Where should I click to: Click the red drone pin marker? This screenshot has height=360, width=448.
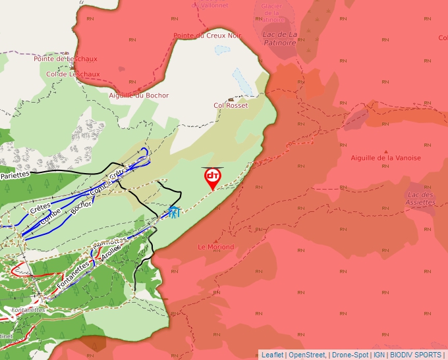coord(212,177)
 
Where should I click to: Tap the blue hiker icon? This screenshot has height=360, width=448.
coord(174,212)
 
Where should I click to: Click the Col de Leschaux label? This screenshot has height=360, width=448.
coord(72,74)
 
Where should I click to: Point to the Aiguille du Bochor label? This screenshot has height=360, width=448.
coord(138,95)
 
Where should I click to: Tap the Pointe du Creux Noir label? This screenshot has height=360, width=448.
coord(207,36)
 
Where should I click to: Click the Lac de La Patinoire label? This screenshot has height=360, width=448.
coord(279,38)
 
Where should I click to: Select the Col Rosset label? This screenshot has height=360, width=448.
coord(231,105)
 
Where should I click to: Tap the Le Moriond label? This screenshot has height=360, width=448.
coord(216,247)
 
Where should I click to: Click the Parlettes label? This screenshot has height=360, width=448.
coord(14,176)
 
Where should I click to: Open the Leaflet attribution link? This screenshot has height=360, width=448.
coord(272,355)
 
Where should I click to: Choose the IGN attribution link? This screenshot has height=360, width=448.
coord(379,355)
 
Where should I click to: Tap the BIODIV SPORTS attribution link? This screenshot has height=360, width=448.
coord(416,355)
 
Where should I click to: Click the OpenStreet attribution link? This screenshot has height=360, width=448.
coord(306,355)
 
